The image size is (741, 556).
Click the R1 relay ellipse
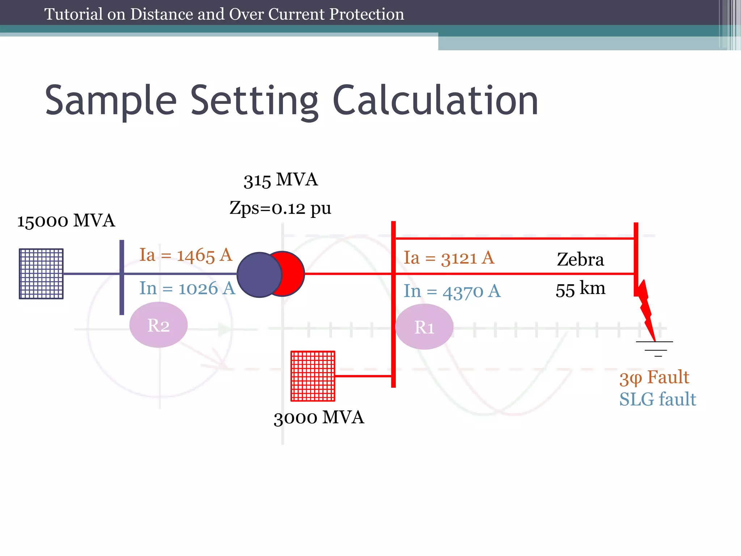point(424,327)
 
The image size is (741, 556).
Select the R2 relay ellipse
point(158,325)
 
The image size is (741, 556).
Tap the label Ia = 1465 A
point(186,255)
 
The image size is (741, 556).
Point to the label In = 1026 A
point(187,288)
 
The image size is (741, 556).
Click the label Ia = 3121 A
point(449,258)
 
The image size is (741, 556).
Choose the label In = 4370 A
point(452,291)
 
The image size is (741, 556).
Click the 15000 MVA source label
point(66,221)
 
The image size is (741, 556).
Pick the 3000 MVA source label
point(319,417)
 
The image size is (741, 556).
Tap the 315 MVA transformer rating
point(280,180)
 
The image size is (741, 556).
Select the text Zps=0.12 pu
point(280,208)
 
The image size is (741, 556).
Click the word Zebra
point(580,260)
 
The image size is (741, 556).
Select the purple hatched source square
point(41,274)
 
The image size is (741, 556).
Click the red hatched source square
point(313,376)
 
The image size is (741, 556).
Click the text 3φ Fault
point(654,378)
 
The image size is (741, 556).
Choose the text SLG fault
point(657,400)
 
